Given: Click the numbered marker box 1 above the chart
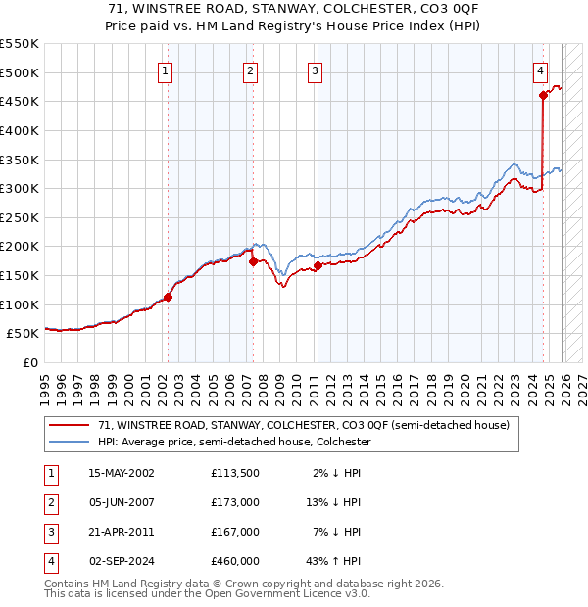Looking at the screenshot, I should (x=165, y=70).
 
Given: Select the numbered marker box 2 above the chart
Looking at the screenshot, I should (x=251, y=70).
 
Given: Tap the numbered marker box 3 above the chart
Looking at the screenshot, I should (x=315, y=70).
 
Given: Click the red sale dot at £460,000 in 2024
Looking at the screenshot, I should (x=543, y=95).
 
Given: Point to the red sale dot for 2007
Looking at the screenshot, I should (x=253, y=261).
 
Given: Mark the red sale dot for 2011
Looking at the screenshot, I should (x=318, y=265).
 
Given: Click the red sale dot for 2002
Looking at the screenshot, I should (x=168, y=297).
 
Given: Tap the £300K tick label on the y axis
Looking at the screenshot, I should (x=20, y=188).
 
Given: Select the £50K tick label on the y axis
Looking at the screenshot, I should (x=24, y=334).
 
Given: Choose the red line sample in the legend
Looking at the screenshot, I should (x=71, y=426).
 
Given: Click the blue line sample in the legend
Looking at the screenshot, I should (x=71, y=443).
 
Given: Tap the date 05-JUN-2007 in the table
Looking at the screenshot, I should (x=122, y=502).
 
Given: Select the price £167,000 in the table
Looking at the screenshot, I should (x=235, y=532).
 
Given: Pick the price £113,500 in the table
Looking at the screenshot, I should (x=235, y=473).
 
